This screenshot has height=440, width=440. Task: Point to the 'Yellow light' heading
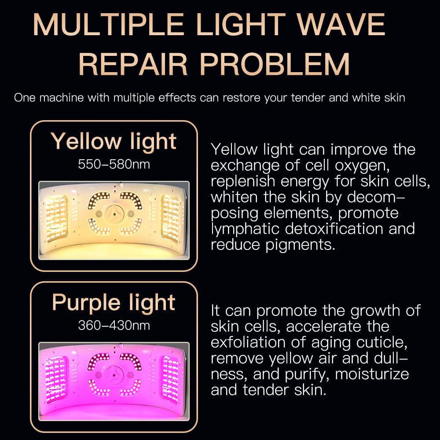tap(114, 142)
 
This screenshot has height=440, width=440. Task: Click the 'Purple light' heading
tap(114, 303)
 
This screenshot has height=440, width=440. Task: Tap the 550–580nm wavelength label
tap(114, 165)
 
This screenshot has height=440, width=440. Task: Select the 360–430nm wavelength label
tap(114, 326)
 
